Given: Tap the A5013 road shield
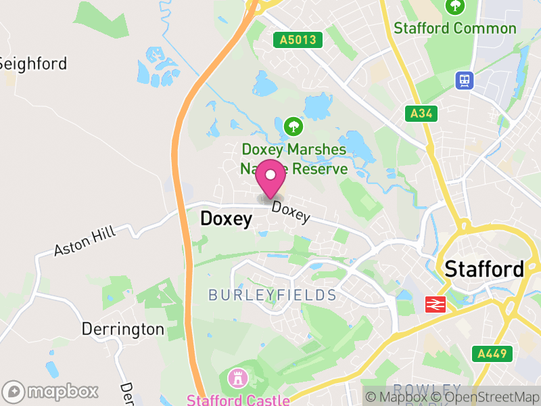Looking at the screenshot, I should click(x=298, y=40).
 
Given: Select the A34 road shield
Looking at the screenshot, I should click(x=420, y=114).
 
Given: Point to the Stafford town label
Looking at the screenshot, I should click(x=484, y=269).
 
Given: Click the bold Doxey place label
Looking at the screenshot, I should click(x=226, y=219).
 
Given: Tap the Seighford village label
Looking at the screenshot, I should click(x=32, y=64).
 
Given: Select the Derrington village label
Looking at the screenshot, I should click(x=122, y=330).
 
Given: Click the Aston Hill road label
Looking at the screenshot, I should click(x=85, y=242).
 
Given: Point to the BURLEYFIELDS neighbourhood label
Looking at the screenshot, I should click(x=273, y=295).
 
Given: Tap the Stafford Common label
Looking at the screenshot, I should click(x=455, y=28).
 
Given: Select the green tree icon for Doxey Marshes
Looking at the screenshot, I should click(x=293, y=126).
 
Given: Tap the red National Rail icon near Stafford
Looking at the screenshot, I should click(x=434, y=304).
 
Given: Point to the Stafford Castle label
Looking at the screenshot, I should click(x=238, y=399).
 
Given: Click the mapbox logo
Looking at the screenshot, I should click(x=51, y=391).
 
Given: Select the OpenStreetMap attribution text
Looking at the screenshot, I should click(x=488, y=397).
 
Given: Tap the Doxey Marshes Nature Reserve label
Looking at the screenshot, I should click(x=294, y=159).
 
